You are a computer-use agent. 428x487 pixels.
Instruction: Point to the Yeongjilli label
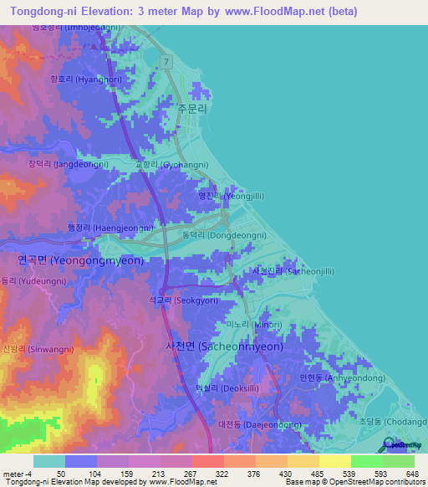[231, 196]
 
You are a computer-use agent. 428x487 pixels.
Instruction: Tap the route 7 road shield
[167, 62]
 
